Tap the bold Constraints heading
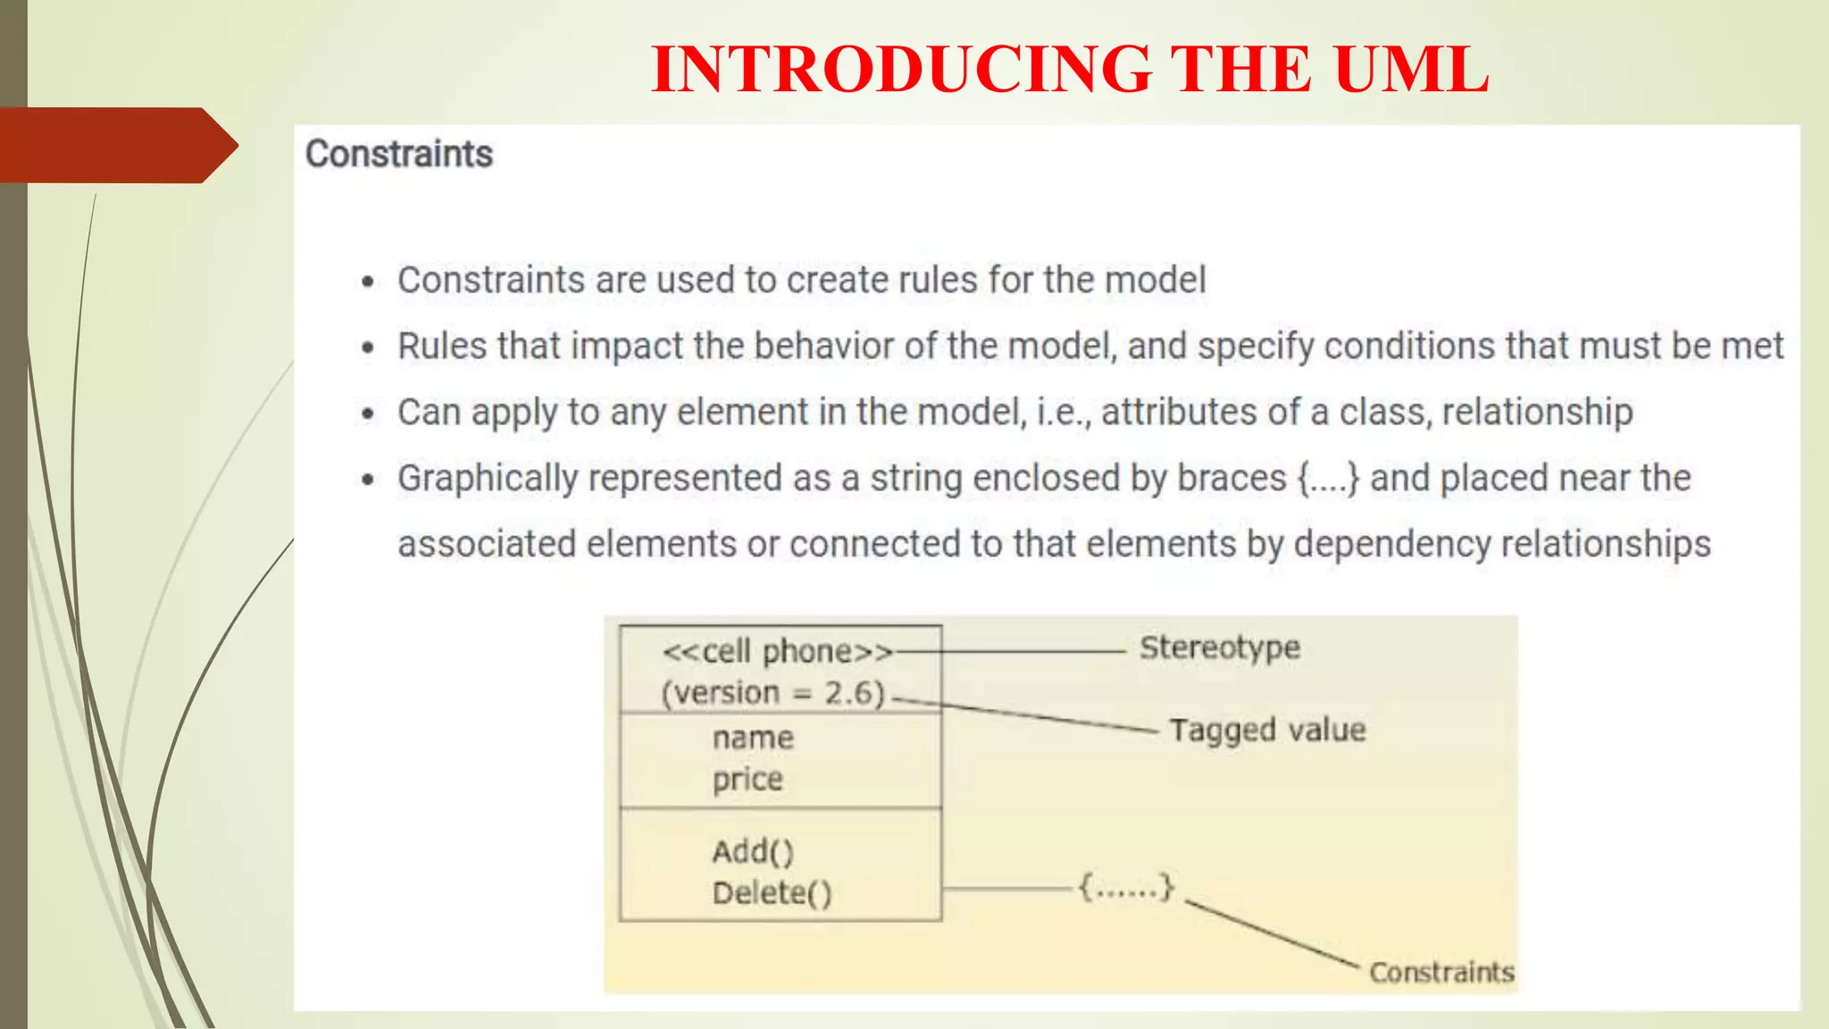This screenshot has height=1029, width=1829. [x=399, y=154]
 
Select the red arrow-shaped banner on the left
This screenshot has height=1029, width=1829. [x=116, y=145]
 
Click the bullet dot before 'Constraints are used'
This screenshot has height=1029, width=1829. [x=368, y=282]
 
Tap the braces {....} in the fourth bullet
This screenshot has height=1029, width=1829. [x=1328, y=478]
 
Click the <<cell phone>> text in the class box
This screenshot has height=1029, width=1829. [x=777, y=652]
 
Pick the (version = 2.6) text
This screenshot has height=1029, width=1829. [x=773, y=693]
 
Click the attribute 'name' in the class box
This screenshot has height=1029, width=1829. [x=753, y=738]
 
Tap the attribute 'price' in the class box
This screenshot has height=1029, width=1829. [x=747, y=780]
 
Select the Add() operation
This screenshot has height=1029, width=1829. [x=753, y=852]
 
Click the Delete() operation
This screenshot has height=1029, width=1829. [x=772, y=893]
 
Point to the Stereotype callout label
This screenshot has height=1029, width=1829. [x=1219, y=648]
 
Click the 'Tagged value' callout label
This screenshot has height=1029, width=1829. [x=1267, y=730]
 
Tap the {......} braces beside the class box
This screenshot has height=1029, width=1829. [x=1125, y=888]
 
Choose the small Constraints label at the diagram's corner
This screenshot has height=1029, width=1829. [x=1441, y=972]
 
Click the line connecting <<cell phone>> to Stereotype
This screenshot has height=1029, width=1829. [x=1009, y=652]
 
